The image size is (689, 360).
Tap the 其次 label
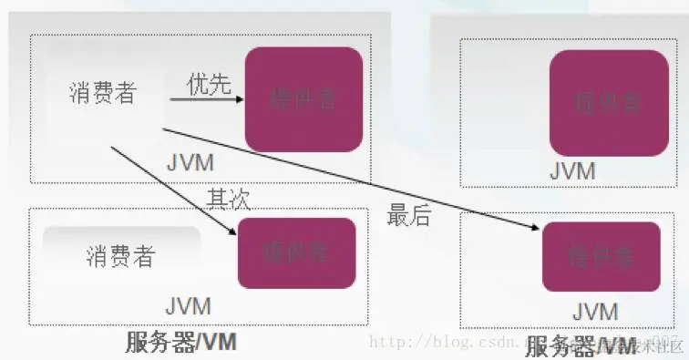click(228, 198)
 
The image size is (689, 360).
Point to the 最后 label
click(409, 215)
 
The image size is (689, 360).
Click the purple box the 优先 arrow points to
click(303, 98)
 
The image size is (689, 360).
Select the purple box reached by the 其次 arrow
click(295, 252)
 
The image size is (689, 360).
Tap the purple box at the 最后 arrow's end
click(602, 256)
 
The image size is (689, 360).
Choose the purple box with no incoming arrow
click(608, 102)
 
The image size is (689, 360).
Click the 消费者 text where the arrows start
click(102, 93)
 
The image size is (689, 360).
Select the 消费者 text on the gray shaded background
click(119, 256)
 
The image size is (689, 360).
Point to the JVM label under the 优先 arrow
click(190, 163)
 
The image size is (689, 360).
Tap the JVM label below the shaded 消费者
click(188, 305)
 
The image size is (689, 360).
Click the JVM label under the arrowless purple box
click(572, 170)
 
